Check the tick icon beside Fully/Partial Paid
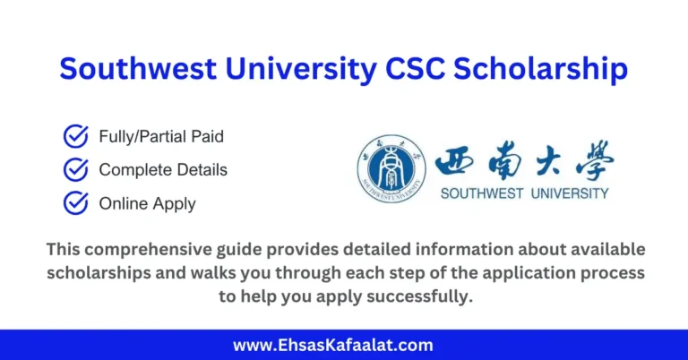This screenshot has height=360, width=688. pyautogui.click(x=75, y=137)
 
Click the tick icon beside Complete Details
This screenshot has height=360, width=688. pyautogui.click(x=75, y=170)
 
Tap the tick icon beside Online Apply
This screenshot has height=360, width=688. pyautogui.click(x=75, y=203)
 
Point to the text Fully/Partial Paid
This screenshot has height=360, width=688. pyautogui.click(x=161, y=137)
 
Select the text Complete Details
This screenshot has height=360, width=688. pyautogui.click(x=163, y=170)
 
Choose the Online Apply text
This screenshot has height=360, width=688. pyautogui.click(x=147, y=203)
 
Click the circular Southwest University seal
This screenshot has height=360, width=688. pyautogui.click(x=386, y=167)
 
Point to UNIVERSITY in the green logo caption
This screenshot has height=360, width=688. pyautogui.click(x=571, y=193)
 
